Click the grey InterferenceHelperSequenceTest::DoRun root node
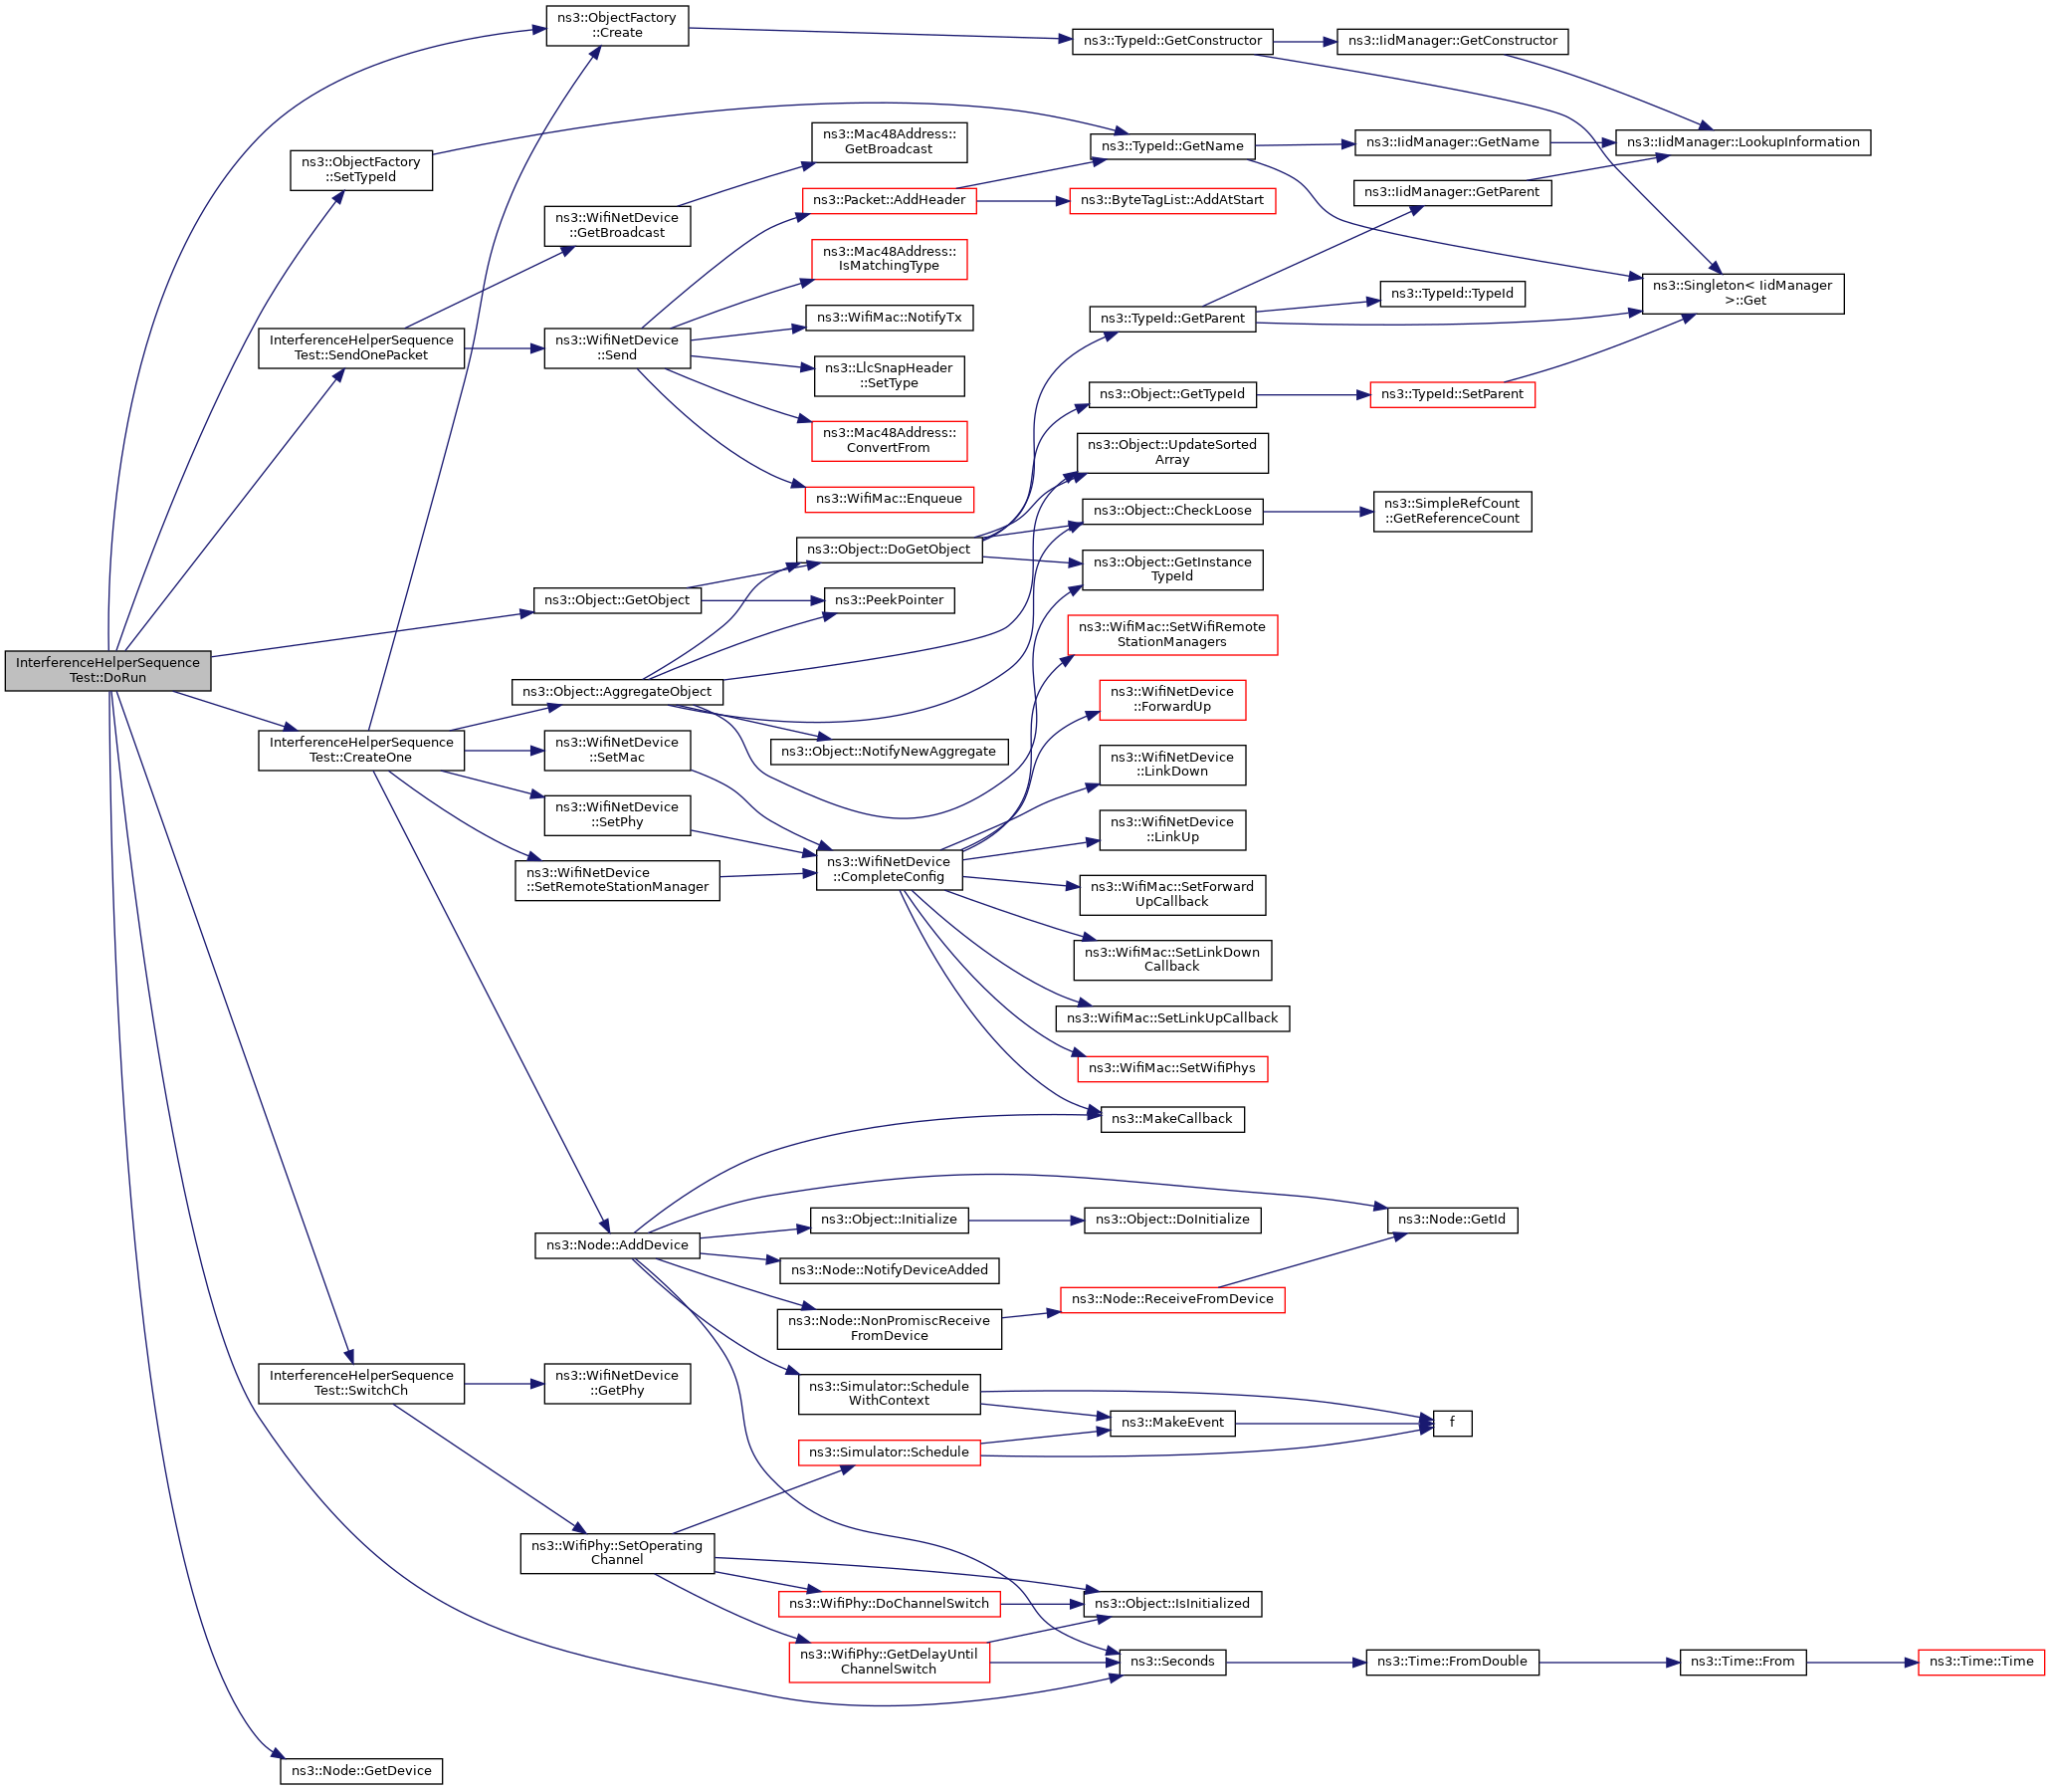[107, 670]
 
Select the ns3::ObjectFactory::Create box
[616, 26]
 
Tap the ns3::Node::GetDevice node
[360, 1771]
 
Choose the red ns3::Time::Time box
[1980, 1662]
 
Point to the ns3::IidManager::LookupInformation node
[1742, 141]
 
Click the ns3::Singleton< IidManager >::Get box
[1742, 293]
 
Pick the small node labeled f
[1452, 1423]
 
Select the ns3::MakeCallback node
[1171, 1119]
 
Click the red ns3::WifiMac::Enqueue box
[889, 499]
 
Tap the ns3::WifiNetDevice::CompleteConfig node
[889, 869]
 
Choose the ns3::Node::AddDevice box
[616, 1244]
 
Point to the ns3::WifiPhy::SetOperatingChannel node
[616, 1552]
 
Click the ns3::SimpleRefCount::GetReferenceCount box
[1451, 511]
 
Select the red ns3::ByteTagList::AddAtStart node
[1171, 200]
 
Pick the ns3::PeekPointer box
[889, 600]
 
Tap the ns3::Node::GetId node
[1451, 1220]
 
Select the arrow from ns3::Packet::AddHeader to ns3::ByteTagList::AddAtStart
[1022, 201]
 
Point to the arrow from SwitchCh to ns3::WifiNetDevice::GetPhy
[505, 1384]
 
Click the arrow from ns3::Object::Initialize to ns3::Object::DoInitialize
[1026, 1221]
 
